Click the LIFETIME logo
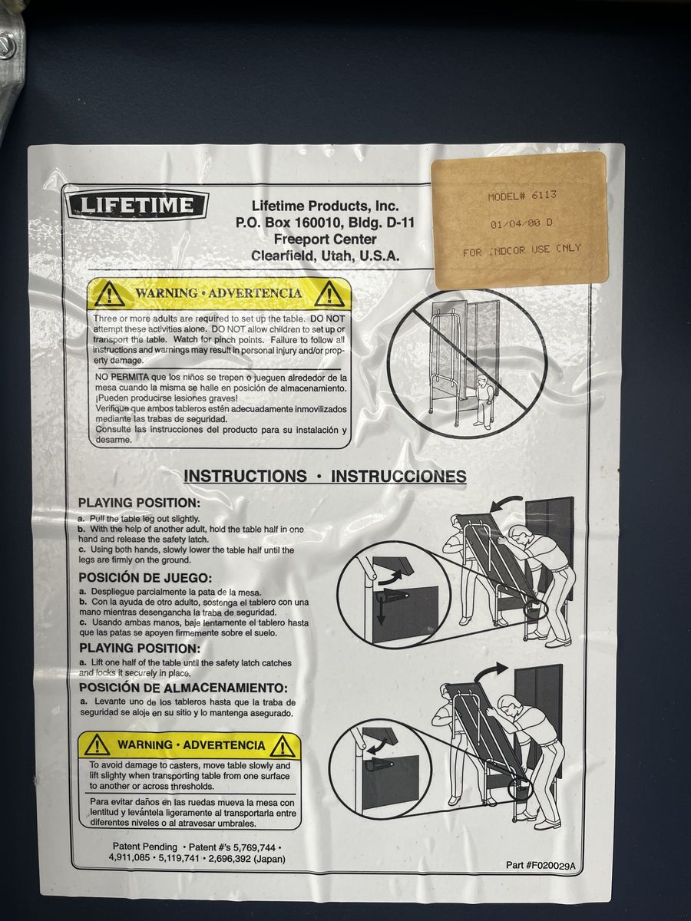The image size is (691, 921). [137, 206]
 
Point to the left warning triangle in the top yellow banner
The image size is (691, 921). [109, 294]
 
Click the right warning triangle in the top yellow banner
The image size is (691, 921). [329, 294]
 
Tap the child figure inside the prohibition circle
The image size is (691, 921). [484, 401]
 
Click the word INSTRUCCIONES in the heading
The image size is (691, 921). [398, 477]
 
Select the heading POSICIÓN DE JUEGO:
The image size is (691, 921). [146, 578]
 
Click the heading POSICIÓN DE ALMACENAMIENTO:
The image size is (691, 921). [183, 688]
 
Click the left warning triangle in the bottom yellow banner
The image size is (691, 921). [97, 745]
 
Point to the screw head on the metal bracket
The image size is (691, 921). [5, 42]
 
